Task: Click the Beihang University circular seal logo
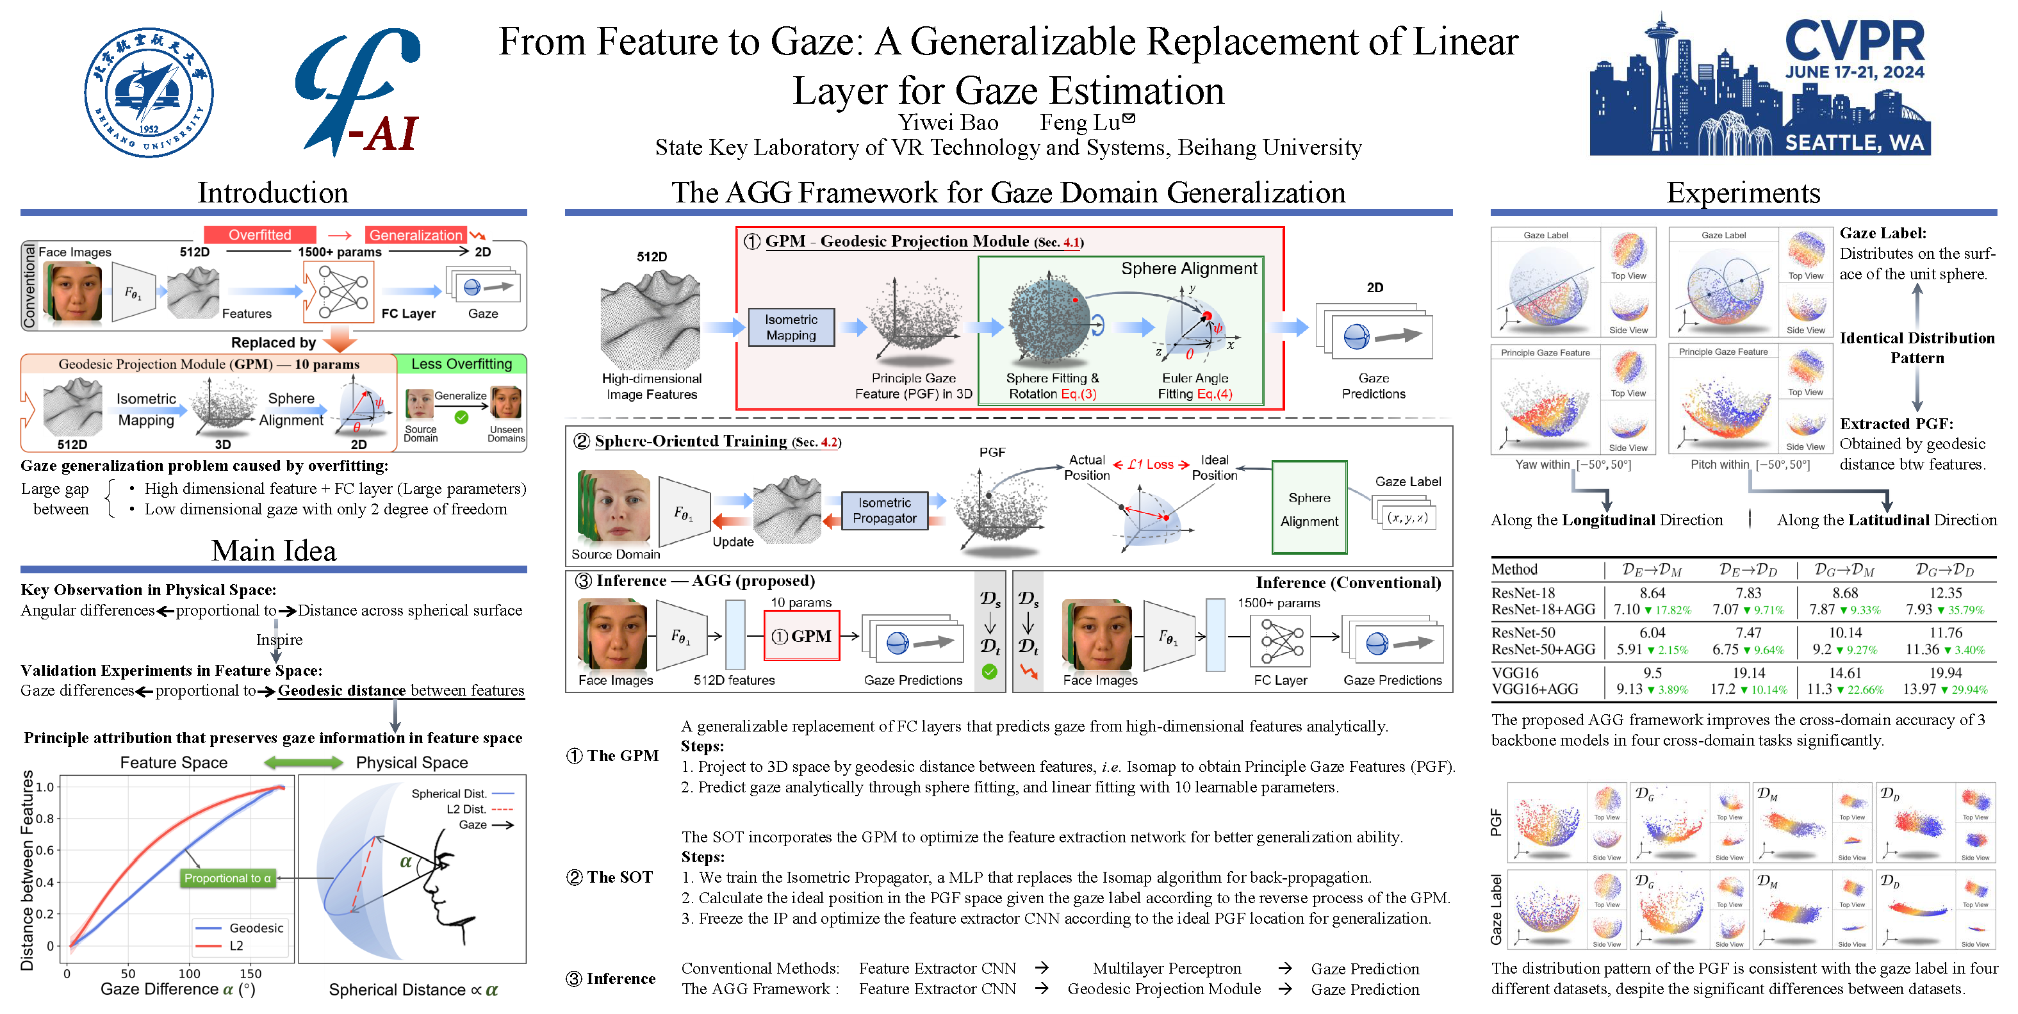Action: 149,92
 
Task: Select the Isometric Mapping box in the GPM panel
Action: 791,327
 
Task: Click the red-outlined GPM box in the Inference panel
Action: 802,636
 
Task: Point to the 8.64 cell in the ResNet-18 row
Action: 1652,593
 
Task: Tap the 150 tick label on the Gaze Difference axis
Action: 250,973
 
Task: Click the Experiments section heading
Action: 1743,193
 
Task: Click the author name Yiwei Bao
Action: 948,123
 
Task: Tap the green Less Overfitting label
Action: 461,364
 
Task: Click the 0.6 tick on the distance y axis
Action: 45,851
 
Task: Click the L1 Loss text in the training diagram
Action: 1150,464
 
